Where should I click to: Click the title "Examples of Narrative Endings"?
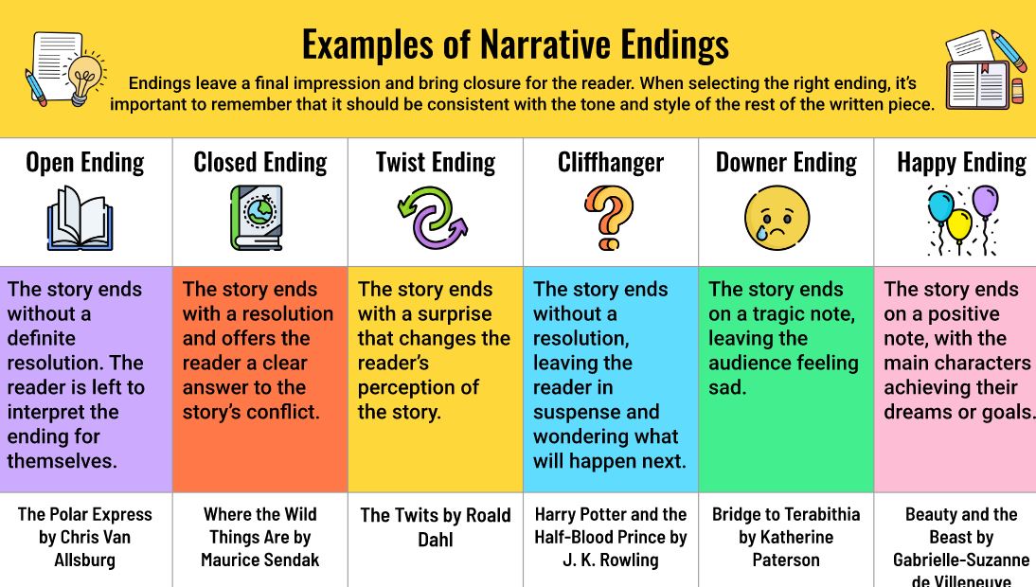click(x=515, y=44)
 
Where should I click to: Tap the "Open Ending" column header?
click(x=85, y=163)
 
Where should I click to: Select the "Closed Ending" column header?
click(x=260, y=163)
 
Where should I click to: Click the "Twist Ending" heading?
click(x=436, y=163)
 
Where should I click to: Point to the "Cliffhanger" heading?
click(x=611, y=163)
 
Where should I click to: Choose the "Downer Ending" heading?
click(x=786, y=163)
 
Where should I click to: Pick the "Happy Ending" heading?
click(x=961, y=163)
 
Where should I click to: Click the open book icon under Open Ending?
click(x=80, y=219)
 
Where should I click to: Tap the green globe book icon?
click(x=256, y=218)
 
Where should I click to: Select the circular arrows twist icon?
click(x=433, y=218)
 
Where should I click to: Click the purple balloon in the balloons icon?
click(x=985, y=201)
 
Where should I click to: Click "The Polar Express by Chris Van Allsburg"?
click(x=84, y=537)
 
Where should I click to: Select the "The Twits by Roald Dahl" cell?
click(x=436, y=526)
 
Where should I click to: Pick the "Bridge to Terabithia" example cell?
click(x=786, y=537)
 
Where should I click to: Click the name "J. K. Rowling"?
click(x=611, y=560)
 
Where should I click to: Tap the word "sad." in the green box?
click(x=727, y=387)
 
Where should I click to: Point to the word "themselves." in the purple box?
click(x=63, y=461)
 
